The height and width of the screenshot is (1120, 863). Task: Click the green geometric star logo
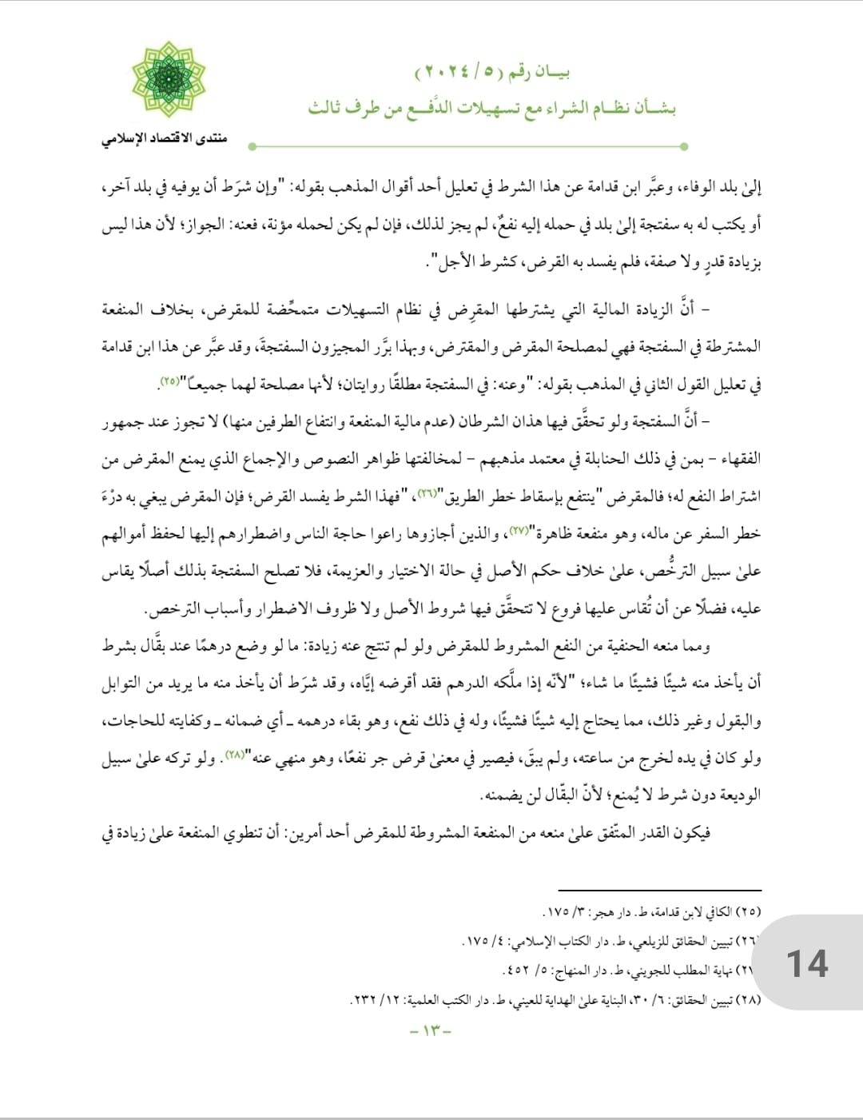pos(169,80)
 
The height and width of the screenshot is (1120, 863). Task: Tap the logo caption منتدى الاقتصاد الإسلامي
pos(165,138)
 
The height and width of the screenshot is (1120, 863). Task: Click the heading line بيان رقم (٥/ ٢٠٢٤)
pos(492,73)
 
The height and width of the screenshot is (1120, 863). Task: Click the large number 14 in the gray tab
pos(807,963)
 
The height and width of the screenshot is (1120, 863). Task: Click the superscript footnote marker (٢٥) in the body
pos(169,381)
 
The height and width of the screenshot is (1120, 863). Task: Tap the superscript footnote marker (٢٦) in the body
pos(428,492)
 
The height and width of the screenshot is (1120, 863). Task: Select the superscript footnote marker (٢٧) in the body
pos(519,529)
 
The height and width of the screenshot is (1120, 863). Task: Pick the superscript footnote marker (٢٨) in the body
pos(235,754)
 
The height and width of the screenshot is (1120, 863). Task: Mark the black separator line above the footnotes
pos(659,890)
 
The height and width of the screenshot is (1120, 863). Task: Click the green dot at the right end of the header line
pos(685,146)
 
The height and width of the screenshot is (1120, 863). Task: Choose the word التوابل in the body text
pos(122,684)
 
